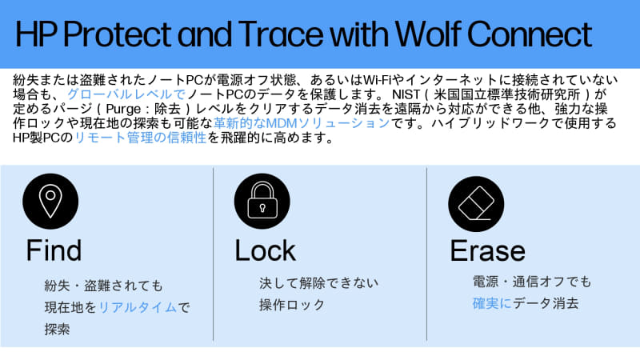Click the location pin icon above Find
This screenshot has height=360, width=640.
pos(50,200)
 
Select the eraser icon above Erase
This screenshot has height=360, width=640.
pos(475,200)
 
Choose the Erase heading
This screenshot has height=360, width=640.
pos(487,251)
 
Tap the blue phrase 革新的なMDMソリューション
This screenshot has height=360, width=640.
pos(302,123)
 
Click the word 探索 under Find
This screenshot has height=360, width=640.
pos(58,329)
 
